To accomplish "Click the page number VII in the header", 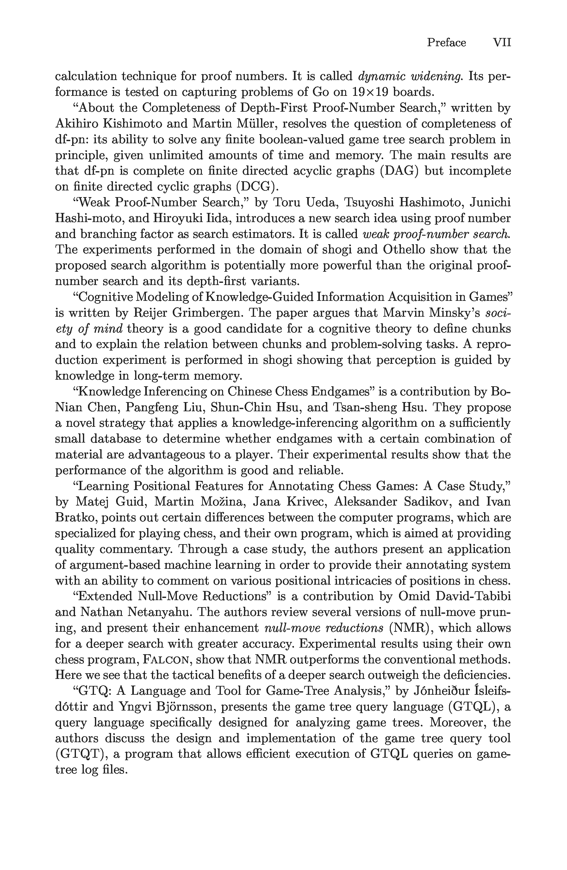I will click(x=502, y=43).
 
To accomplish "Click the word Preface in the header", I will click(x=446, y=43).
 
